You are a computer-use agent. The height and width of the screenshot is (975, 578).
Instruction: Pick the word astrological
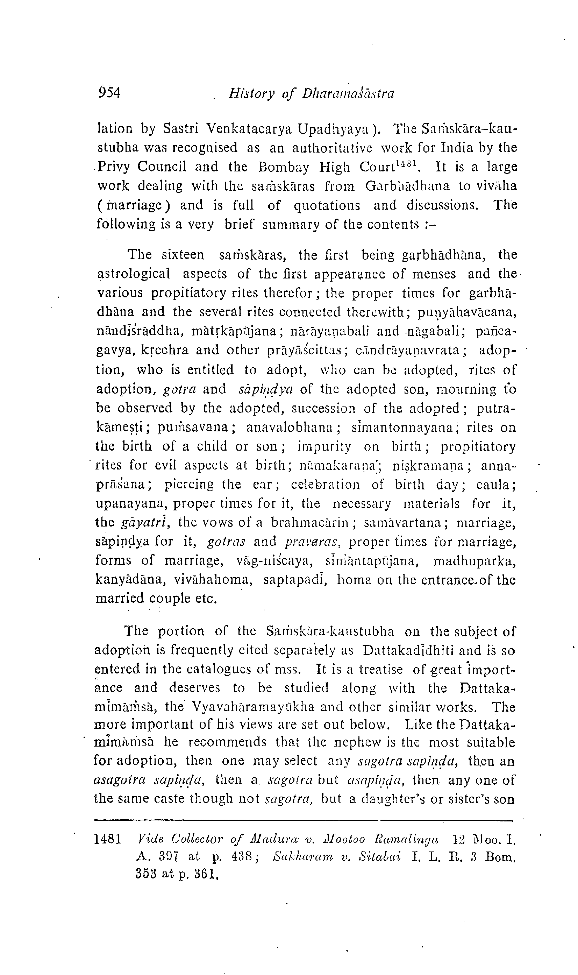pos(134,274)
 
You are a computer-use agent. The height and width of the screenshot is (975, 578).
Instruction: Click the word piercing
pos(189,485)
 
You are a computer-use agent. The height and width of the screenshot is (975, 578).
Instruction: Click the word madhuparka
pos(474,561)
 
